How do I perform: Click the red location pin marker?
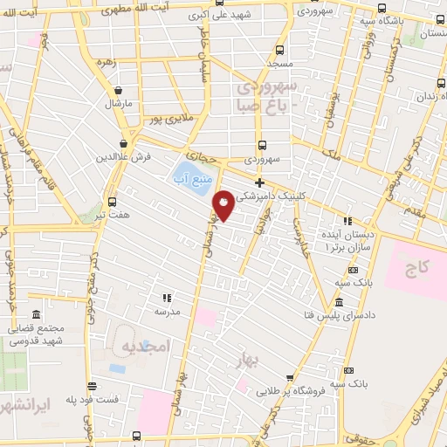point(224,205)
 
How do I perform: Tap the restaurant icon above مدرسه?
point(167,297)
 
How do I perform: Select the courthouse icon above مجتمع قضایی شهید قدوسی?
point(36,314)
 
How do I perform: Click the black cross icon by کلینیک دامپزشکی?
point(258,182)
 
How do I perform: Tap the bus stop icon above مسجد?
point(279,50)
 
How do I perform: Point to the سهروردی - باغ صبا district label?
point(265,96)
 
